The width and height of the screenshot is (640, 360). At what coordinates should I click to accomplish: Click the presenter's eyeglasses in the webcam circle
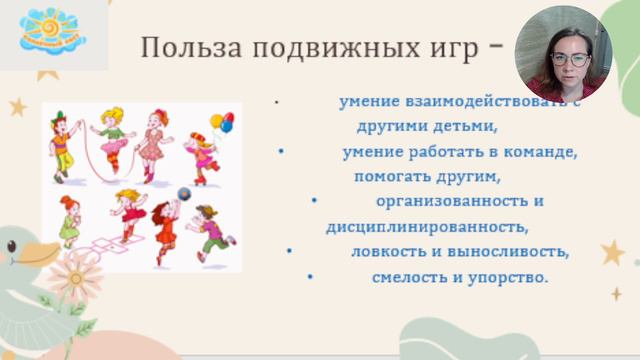click(x=571, y=59)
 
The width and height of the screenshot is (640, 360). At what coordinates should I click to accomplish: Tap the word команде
click(x=540, y=153)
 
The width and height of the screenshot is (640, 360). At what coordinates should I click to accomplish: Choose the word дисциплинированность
click(x=426, y=226)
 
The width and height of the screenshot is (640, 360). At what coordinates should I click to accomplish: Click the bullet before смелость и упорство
click(x=311, y=276)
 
